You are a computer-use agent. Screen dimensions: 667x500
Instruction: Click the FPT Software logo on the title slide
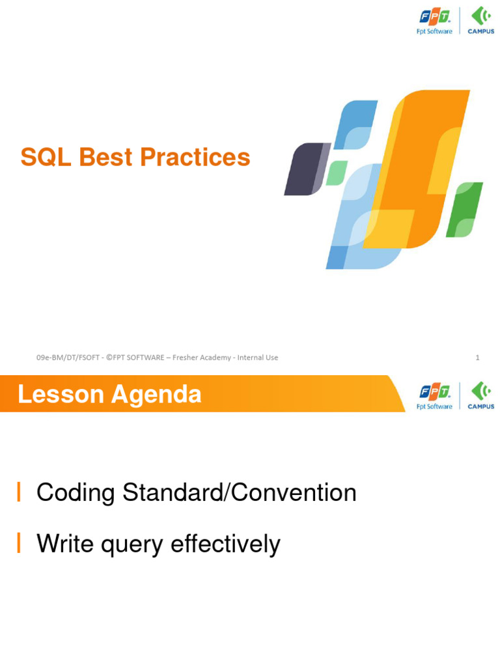point(434,20)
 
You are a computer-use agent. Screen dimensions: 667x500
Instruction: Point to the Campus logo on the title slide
point(480,20)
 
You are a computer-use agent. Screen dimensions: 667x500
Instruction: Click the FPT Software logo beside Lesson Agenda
point(434,395)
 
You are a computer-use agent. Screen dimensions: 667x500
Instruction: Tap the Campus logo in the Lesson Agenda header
point(480,395)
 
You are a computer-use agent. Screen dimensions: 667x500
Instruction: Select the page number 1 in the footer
point(477,358)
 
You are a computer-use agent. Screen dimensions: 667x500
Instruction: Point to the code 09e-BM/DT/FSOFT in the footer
point(68,358)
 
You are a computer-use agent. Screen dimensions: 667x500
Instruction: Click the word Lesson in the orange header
point(61,395)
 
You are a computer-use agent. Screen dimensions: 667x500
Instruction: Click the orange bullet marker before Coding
point(19,493)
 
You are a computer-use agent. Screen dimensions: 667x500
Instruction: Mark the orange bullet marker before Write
point(19,543)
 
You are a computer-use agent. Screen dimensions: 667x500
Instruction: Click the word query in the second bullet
point(132,545)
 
